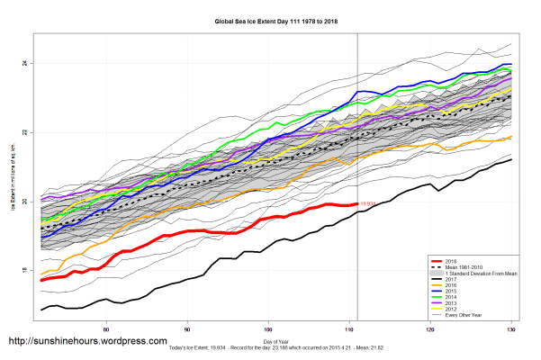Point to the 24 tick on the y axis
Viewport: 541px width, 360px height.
[x=26, y=63]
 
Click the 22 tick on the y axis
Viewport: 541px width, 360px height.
[x=26, y=132]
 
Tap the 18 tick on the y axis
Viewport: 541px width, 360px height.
[x=26, y=270]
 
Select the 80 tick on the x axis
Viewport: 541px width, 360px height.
[x=107, y=331]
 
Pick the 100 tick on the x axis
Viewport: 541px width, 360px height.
[x=268, y=331]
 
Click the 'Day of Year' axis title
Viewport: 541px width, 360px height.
[x=270, y=343]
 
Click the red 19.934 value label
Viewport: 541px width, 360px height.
[x=367, y=204]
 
